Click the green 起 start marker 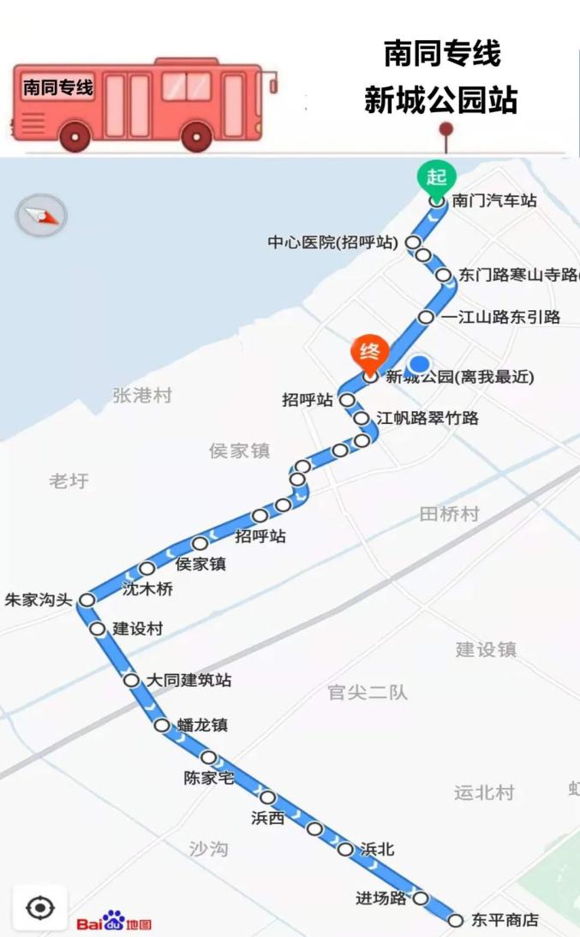[437, 177]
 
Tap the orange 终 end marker [370, 352]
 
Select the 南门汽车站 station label [494, 200]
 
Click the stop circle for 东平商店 [457, 920]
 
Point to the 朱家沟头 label [39, 600]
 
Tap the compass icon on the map [41, 216]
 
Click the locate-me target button [40, 907]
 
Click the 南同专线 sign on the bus [58, 87]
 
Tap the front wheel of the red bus [197, 135]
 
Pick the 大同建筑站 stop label [188, 680]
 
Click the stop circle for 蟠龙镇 [162, 725]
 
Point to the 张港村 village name [142, 395]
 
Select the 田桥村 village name [449, 514]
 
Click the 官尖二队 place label [368, 692]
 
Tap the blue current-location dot [419, 364]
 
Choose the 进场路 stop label [381, 898]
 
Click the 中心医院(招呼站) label [332, 242]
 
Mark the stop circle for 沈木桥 [147, 568]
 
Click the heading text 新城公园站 [440, 100]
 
